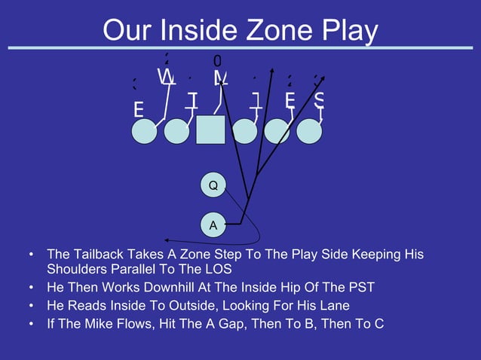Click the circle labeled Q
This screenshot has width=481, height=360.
click(x=213, y=185)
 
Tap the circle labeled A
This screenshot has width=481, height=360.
click(x=213, y=224)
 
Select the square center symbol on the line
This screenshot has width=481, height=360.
click(x=210, y=130)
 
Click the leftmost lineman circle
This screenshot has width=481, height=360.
click(x=144, y=131)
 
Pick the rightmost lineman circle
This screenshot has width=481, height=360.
click(x=309, y=130)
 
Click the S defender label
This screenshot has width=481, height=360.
click(x=320, y=101)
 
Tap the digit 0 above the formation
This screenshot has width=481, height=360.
click(x=217, y=60)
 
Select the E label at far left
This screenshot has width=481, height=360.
click(x=139, y=110)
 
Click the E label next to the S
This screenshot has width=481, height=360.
click(x=290, y=100)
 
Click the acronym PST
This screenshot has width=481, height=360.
click(x=360, y=288)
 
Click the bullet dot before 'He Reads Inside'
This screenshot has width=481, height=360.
click(x=31, y=307)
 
